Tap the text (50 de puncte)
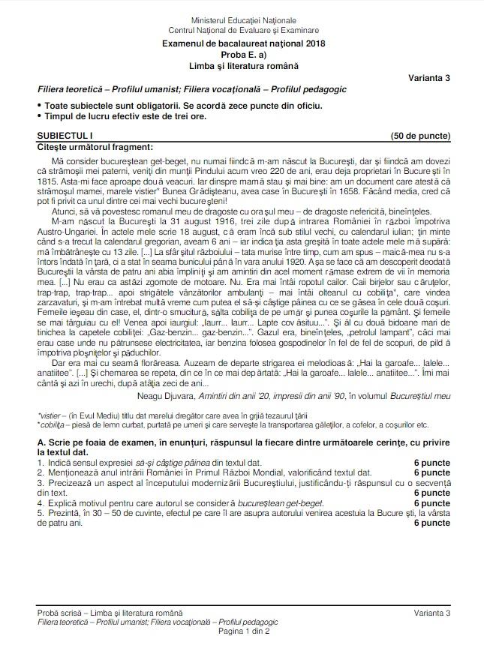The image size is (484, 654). point(419,135)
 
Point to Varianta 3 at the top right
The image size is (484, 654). point(429,77)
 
